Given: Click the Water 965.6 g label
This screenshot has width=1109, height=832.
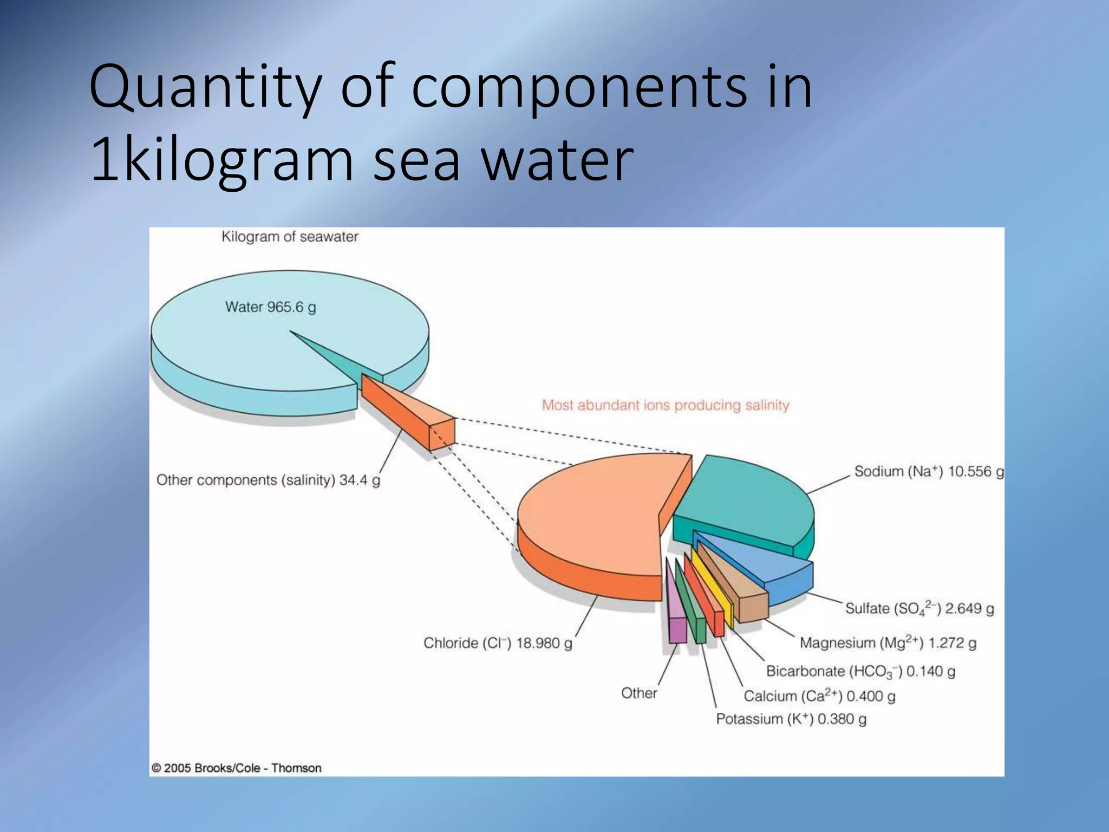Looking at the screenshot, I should tap(270, 307).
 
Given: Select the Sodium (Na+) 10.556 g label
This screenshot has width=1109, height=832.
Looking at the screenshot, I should tap(929, 471).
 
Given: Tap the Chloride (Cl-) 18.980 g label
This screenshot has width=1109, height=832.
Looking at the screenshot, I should tap(497, 643).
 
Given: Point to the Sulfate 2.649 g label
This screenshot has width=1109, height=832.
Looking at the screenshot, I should tap(919, 608).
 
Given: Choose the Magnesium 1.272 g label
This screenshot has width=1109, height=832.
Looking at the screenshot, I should tap(888, 643).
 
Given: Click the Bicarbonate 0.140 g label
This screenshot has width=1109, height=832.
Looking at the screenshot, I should tap(860, 672).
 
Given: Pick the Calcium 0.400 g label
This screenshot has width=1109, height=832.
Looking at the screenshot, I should tap(819, 696).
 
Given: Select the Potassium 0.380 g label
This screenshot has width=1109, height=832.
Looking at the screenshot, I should tap(791, 719).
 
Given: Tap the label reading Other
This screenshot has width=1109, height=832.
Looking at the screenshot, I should tap(639, 693).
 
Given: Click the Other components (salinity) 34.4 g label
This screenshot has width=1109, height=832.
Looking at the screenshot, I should tap(268, 480).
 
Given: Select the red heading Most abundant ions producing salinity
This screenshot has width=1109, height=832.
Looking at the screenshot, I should tap(666, 405).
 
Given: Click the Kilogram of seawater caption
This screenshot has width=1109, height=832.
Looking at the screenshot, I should tap(290, 237).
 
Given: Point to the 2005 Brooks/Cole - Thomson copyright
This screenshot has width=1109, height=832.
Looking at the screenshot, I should tap(236, 768).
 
